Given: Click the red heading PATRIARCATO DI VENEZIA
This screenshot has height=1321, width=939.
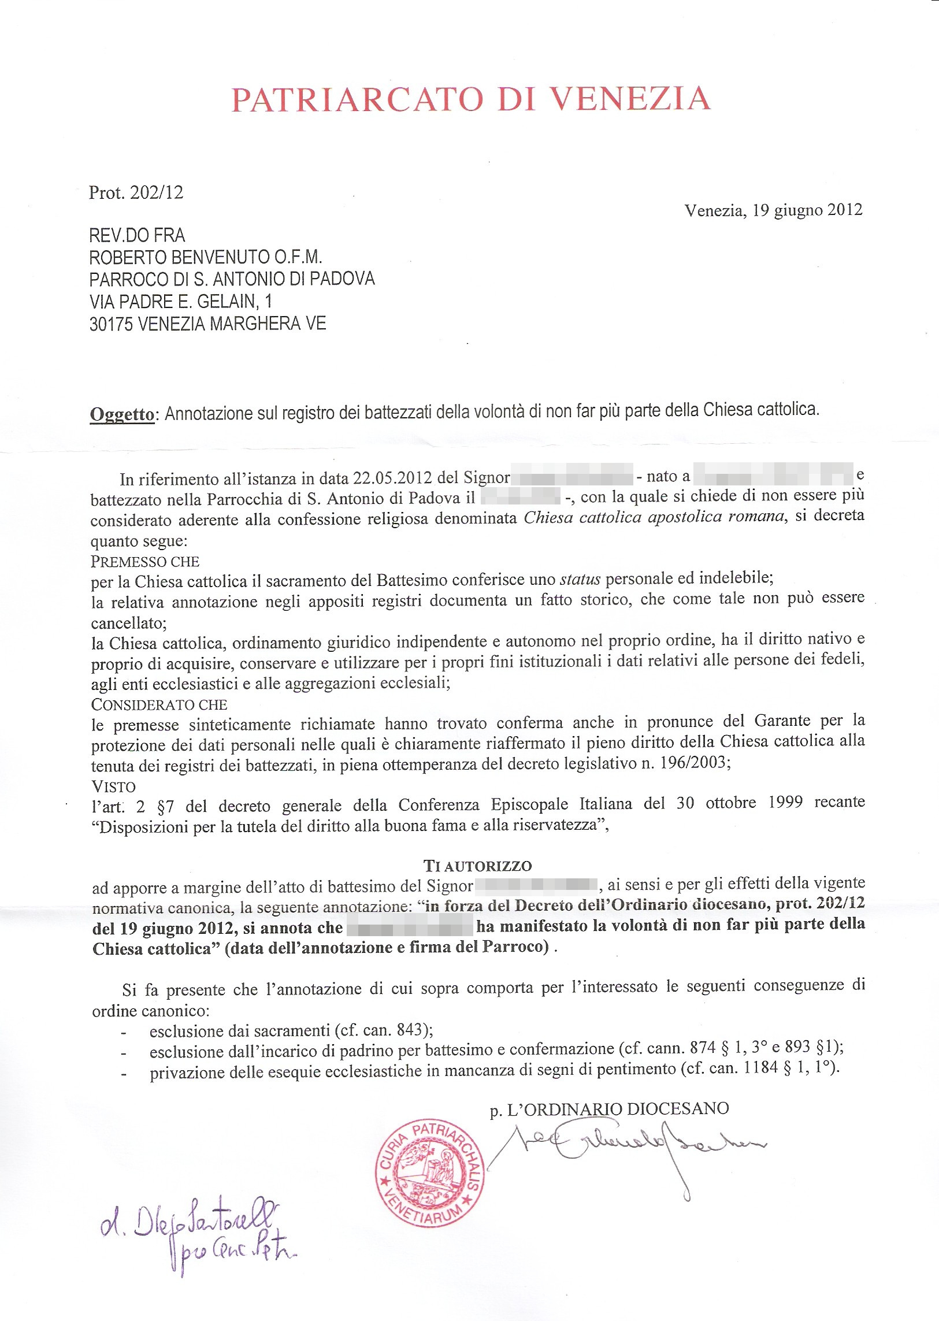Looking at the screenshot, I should pos(471,99).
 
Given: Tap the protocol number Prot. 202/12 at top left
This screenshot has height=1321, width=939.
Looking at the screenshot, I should pos(136,192).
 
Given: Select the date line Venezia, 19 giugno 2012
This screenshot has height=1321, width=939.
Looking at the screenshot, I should pos(773,210).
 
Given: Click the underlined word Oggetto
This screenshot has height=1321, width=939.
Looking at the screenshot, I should pos(122,414).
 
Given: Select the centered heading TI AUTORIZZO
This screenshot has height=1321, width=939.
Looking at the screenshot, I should pos(478,866).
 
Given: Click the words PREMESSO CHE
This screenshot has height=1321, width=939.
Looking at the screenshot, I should pos(145,562).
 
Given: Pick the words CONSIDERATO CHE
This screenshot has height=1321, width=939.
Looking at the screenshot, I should pos(159,705).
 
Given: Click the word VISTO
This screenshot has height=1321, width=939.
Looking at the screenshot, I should pos(113,787).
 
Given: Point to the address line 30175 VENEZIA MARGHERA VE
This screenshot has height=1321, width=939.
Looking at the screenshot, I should pos(207,324).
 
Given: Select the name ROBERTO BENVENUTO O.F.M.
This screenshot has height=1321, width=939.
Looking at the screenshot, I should pos(205,257).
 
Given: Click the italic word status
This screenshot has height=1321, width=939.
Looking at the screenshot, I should pos(580,579).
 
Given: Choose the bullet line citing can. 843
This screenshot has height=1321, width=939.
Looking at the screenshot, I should pos(291,1030).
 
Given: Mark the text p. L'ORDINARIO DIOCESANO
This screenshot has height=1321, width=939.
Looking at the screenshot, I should pos(609,1109).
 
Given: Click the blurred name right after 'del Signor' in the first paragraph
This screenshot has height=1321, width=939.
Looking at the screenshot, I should pos(573,477).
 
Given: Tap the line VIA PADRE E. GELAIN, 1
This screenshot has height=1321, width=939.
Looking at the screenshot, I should pos(180,302).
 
